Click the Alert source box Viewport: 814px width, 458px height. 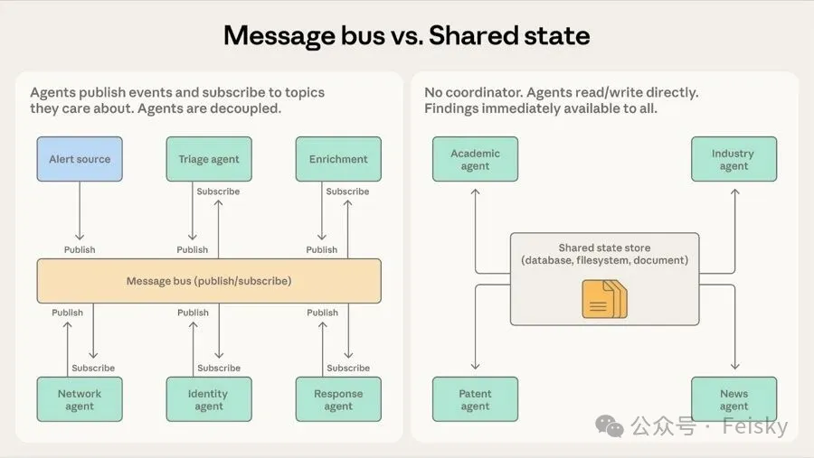[80, 159]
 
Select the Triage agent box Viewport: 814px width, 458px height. [209, 159]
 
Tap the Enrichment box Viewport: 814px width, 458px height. [338, 159]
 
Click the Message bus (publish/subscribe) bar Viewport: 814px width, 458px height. [209, 281]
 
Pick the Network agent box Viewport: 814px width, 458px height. [80, 399]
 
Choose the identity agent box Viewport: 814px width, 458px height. [209, 399]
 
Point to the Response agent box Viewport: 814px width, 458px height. [338, 399]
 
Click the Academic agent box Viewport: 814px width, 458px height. [475, 159]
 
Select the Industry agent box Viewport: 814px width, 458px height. [734, 159]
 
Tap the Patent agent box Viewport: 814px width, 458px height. [475, 399]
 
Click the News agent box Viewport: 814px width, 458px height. [734, 399]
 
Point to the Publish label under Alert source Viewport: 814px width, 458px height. [80, 249]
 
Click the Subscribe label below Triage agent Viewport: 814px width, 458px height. [218, 192]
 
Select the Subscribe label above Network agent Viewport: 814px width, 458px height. [93, 368]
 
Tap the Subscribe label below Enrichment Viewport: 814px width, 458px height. [347, 192]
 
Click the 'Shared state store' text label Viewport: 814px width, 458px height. [604, 248]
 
